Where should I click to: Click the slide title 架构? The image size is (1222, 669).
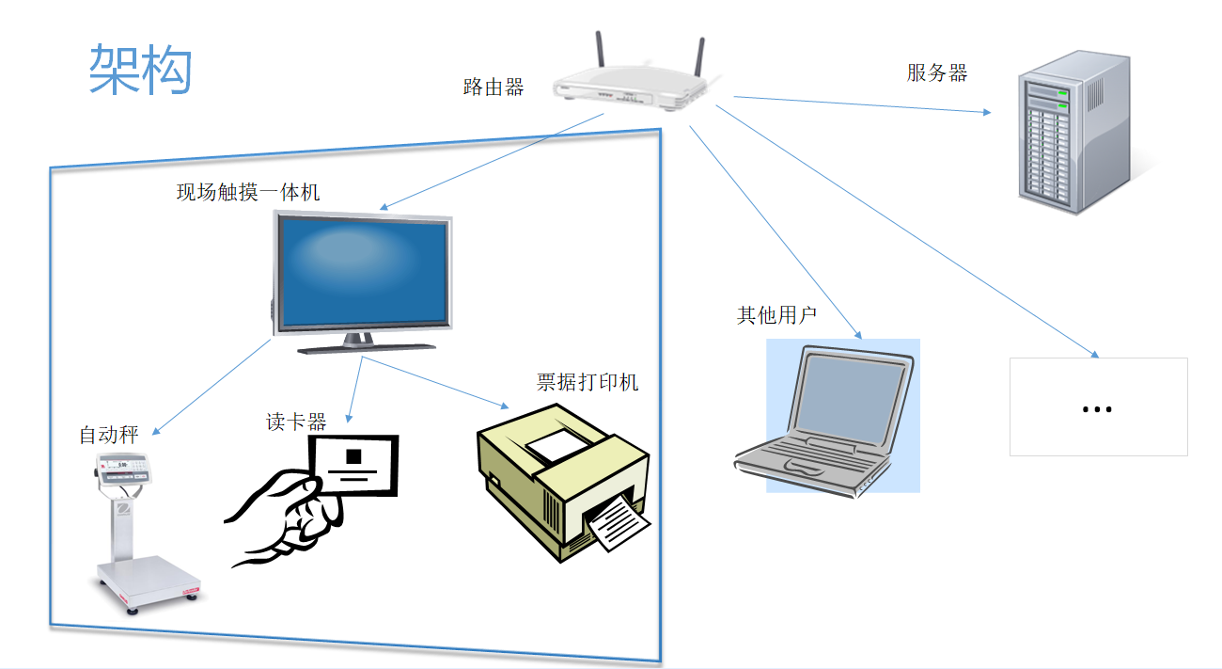(140, 69)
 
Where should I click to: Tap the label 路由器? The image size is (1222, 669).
(493, 88)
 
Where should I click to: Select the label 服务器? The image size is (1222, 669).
(936, 73)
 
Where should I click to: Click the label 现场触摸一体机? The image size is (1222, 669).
(248, 193)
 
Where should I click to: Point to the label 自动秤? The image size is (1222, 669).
(109, 435)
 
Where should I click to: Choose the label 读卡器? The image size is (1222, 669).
(296, 422)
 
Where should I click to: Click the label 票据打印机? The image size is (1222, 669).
(587, 382)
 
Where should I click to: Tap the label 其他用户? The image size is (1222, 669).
(776, 315)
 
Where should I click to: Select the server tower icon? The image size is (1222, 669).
(1072, 132)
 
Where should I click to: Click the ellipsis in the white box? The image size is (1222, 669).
(1098, 409)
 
